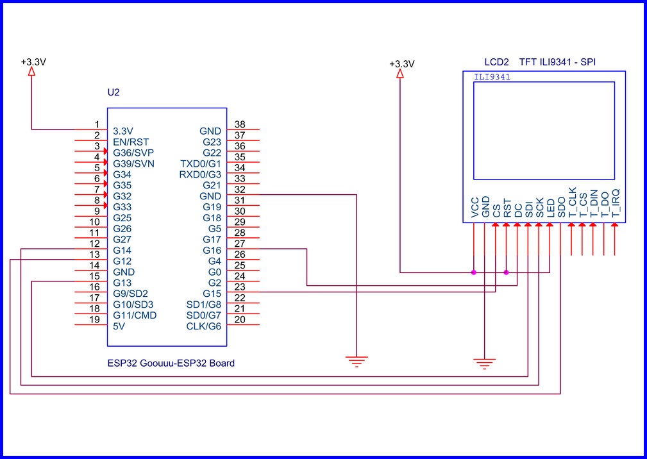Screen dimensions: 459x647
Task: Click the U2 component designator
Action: pyautogui.click(x=113, y=92)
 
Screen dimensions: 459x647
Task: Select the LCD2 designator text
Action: pyautogui.click(x=497, y=62)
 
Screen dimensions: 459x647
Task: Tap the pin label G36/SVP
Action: pyautogui.click(x=133, y=153)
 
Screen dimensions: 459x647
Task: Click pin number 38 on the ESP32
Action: pyautogui.click(x=240, y=124)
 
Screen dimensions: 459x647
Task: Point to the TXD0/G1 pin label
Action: pyautogui.click(x=201, y=163)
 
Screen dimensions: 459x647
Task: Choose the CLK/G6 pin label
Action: pyautogui.click(x=203, y=326)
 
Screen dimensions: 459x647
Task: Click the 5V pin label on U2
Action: pyautogui.click(x=119, y=326)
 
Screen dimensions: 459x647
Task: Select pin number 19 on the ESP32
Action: pyautogui.click(x=94, y=319)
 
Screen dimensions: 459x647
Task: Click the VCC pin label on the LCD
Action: pyautogui.click(x=475, y=208)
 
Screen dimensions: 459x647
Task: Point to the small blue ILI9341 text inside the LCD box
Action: pyautogui.click(x=492, y=77)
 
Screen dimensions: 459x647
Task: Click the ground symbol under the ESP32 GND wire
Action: pyautogui.click(x=357, y=362)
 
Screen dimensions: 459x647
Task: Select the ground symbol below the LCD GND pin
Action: pyautogui.click(x=485, y=365)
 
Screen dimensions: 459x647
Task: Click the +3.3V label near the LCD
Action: pyautogui.click(x=402, y=64)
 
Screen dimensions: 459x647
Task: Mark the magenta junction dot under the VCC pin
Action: pyautogui.click(x=474, y=272)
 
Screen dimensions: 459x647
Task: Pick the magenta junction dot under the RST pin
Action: pyautogui.click(x=507, y=272)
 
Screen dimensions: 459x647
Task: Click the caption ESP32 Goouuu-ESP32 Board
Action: pyautogui.click(x=171, y=363)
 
